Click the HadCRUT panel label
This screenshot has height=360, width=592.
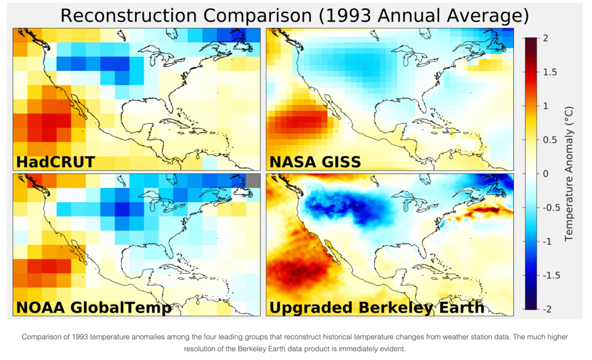55,162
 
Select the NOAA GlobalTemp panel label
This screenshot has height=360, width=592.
93,307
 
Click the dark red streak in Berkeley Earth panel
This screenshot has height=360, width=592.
487,211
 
